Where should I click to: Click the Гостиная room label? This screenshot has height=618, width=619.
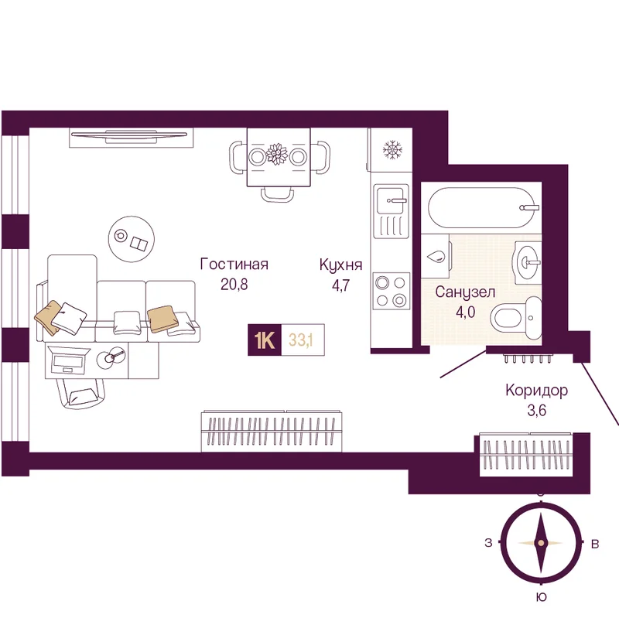(x=234, y=265)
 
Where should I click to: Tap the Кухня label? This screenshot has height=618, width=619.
(x=341, y=265)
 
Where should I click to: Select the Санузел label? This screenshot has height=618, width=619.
(x=464, y=292)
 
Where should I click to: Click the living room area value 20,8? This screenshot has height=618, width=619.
(x=234, y=285)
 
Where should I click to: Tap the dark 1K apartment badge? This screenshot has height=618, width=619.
(x=264, y=340)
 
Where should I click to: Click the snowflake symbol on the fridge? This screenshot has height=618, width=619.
(x=392, y=149)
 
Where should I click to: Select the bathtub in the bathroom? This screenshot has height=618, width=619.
(x=484, y=207)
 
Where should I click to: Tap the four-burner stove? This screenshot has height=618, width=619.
(x=390, y=290)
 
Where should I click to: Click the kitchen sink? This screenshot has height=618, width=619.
(x=391, y=203)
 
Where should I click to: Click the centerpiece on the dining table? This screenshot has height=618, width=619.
(x=277, y=154)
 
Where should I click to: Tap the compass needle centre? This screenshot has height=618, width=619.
(x=540, y=543)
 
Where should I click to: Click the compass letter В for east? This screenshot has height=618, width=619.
(x=594, y=544)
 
